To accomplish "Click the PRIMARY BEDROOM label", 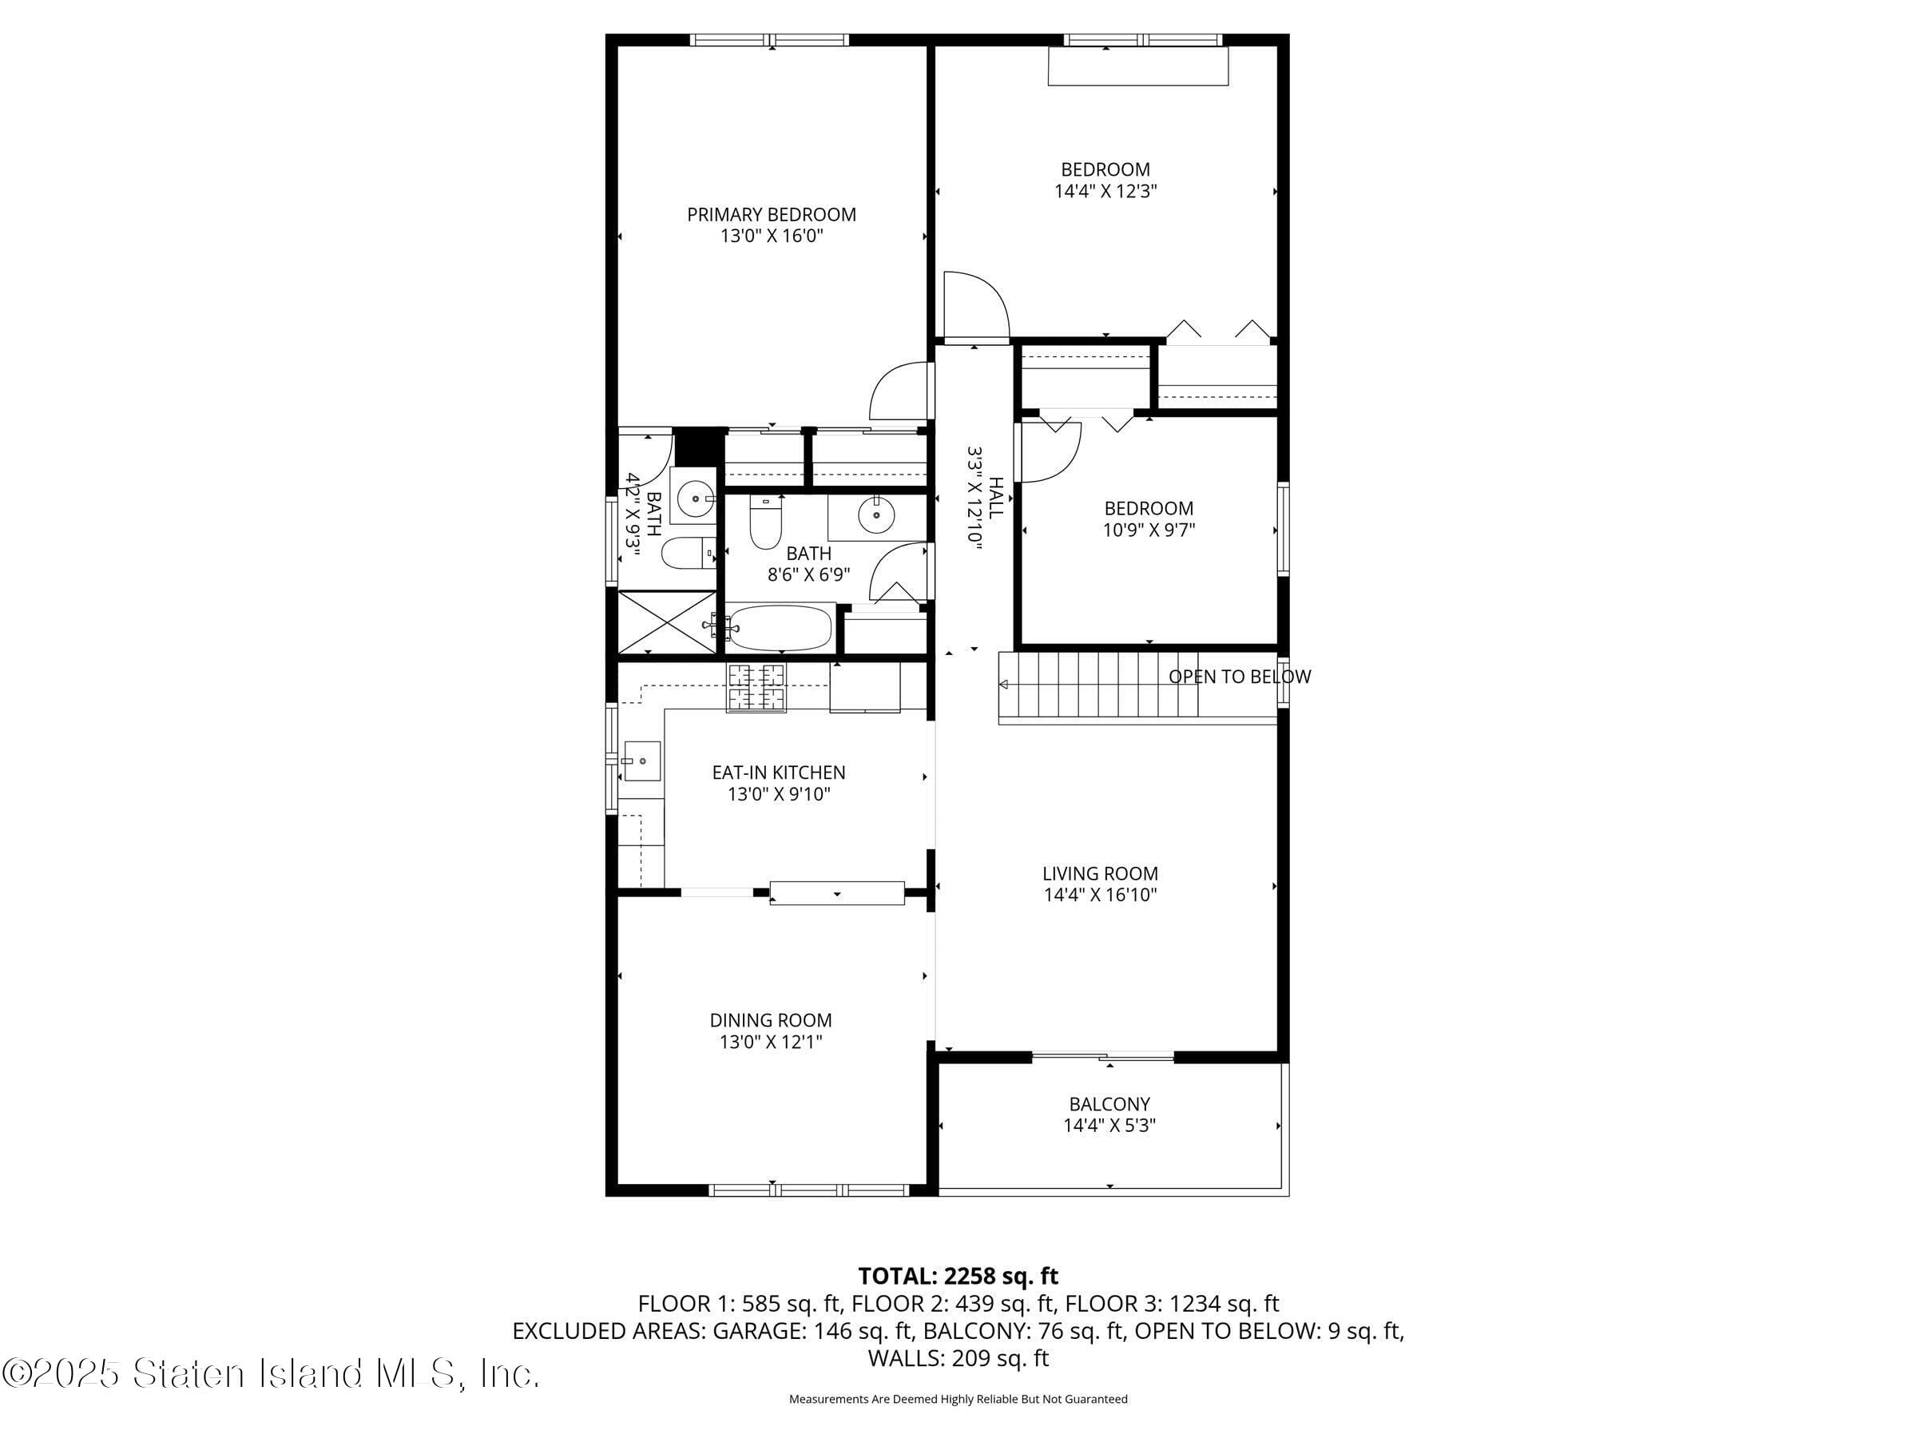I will coord(772,214).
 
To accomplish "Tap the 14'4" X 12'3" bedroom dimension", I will coord(1105,192).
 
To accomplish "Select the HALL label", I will coord(997,498).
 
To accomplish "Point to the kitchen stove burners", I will coord(756,686).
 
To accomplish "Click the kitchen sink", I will coord(642,761).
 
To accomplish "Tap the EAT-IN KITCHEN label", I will coord(778,773).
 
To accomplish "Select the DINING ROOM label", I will coord(771,1020).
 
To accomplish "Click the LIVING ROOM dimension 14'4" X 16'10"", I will coord(1100,896).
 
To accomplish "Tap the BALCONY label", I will coord(1109,1104).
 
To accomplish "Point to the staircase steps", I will coord(1098,685).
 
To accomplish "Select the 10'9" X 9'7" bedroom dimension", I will coord(1149,530).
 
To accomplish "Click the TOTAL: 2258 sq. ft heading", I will coord(958,1276).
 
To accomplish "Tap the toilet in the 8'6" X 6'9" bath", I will coord(765,522).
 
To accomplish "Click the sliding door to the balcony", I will coord(1102,1057).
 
